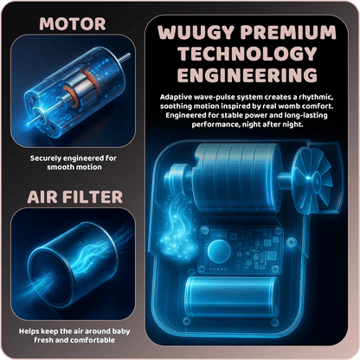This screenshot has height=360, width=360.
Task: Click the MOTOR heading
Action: tap(73, 24)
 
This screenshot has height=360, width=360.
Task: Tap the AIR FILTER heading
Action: tap(75, 197)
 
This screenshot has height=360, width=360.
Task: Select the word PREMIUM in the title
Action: tap(288, 32)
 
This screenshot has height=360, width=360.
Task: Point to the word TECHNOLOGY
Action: tap(247, 54)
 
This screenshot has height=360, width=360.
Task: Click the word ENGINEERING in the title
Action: tap(247, 75)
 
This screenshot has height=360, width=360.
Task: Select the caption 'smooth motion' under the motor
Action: tap(74, 167)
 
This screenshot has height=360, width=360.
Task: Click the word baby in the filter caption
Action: tap(121, 331)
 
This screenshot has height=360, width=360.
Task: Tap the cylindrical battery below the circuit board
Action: tap(231, 297)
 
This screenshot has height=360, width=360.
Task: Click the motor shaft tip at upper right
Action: tap(129, 55)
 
